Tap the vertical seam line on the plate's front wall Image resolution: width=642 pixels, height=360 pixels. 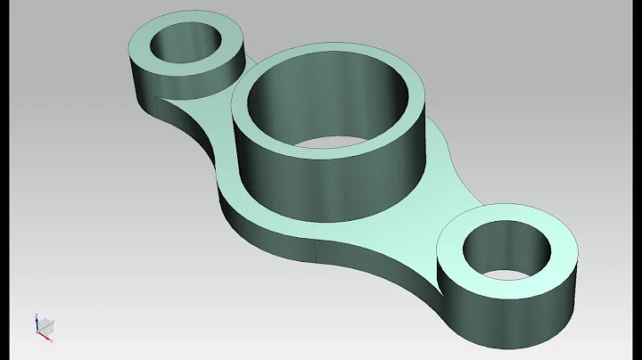point(318,254)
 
